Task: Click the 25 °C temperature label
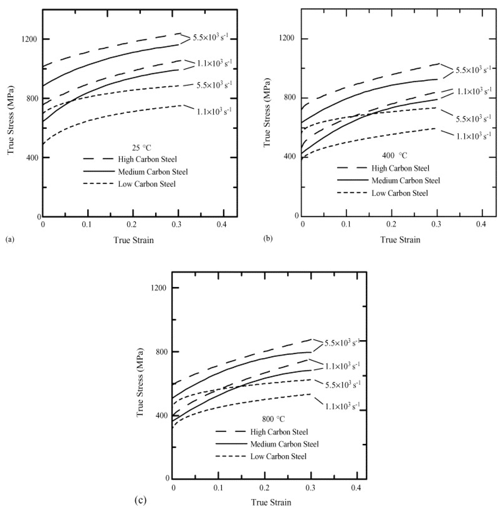click(142, 148)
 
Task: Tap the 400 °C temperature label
click(395, 156)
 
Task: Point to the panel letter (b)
click(268, 239)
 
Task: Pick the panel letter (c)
click(140, 500)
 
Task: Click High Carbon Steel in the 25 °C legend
click(147, 159)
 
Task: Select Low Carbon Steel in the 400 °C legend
click(400, 193)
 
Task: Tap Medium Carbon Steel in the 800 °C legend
click(285, 444)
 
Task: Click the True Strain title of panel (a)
click(134, 240)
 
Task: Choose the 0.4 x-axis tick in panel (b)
click(481, 224)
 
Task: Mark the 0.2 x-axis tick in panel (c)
click(264, 488)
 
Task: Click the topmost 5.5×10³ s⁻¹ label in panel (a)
click(210, 38)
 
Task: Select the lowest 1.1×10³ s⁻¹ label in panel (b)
click(474, 136)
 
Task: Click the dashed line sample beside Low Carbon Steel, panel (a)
click(98, 183)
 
